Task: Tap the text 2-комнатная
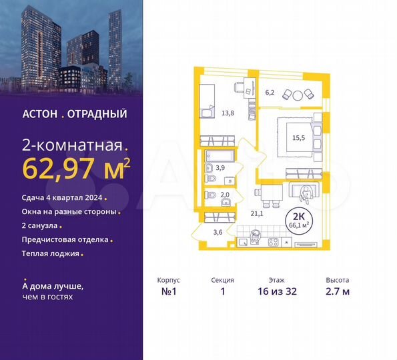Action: (x=72, y=145)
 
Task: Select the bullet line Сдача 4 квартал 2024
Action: (x=62, y=198)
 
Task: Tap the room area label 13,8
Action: (x=227, y=113)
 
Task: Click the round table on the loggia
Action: (x=299, y=94)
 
